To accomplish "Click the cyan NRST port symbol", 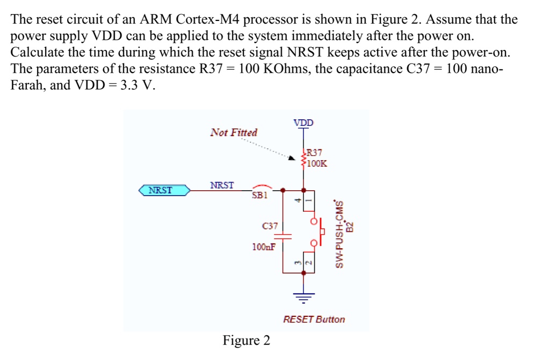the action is point(164,190).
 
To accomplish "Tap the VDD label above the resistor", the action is point(303,123).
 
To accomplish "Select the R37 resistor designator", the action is point(314,153).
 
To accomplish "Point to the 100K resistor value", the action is point(317,163).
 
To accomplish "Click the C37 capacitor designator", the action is point(270,226).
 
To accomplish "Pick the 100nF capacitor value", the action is point(264,247).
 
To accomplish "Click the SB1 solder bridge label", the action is point(259,196).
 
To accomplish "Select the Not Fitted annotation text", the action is point(234,133).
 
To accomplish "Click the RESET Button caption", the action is point(314,319).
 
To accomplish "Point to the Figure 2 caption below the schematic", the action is point(246,340).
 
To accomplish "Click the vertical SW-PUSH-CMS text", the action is point(339,234).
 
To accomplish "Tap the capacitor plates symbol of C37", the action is point(283,236).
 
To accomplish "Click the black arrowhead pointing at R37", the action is point(292,157).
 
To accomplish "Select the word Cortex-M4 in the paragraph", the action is point(208,19).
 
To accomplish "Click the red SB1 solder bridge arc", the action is point(262,186).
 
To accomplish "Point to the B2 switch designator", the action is point(349,227).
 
